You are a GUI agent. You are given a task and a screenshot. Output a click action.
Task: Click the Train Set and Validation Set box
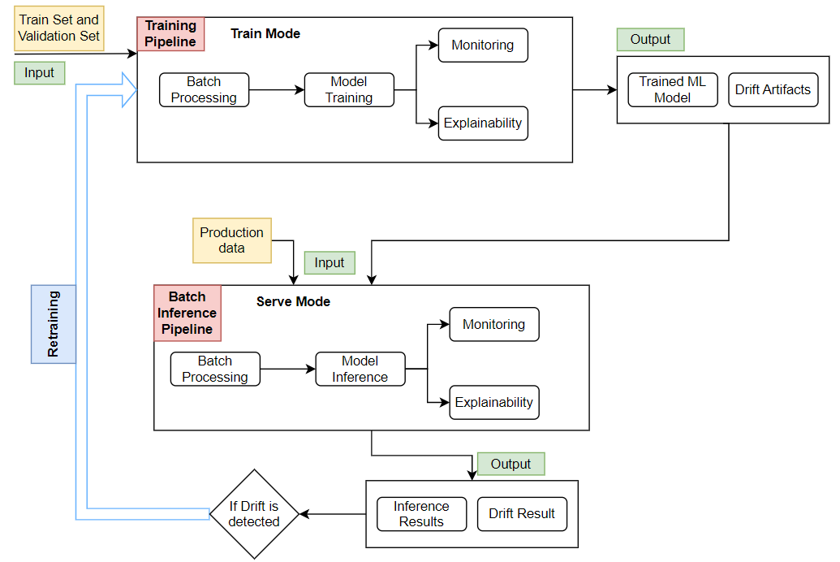tap(59, 28)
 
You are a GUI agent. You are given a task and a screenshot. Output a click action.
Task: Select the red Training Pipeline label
tap(170, 34)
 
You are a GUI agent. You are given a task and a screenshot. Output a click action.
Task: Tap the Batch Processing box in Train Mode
tap(204, 90)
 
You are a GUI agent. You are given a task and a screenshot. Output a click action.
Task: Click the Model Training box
tap(349, 90)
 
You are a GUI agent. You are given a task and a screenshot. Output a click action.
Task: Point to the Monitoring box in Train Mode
tap(483, 45)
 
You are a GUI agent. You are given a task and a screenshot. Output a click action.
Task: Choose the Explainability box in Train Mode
tap(483, 123)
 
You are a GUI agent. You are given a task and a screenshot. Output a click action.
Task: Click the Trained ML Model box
tap(673, 90)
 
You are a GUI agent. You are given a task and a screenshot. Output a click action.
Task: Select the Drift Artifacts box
tap(773, 90)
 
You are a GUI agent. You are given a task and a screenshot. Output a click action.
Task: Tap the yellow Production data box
tap(232, 240)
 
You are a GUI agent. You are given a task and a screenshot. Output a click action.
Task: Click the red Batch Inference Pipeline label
tap(187, 313)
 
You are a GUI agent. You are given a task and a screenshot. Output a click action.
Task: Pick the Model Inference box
tap(360, 370)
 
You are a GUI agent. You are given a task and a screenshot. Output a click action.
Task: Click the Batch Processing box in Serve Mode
tap(215, 370)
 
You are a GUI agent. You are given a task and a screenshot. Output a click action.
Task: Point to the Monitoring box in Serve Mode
tap(494, 325)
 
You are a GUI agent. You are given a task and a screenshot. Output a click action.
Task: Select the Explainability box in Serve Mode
tap(494, 403)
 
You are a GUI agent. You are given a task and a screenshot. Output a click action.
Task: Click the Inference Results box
tap(422, 514)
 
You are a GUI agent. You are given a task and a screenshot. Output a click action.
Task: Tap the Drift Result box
tap(522, 514)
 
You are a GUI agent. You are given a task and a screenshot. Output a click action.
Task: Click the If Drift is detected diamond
tap(254, 514)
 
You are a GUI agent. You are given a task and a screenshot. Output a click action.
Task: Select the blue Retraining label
tap(54, 323)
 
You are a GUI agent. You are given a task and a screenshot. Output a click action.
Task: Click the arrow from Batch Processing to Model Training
tap(276, 90)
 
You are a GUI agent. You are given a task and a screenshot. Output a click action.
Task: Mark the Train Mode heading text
tap(265, 34)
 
